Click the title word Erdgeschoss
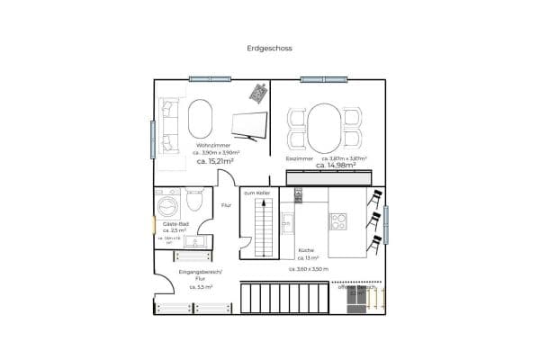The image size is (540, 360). (x=269, y=49)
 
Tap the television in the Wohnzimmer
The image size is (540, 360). (x=250, y=127)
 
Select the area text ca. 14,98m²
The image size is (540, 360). (x=335, y=165)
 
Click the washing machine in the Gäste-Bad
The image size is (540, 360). (x=168, y=202)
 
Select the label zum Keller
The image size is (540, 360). (x=256, y=193)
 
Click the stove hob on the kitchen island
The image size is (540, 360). (x=339, y=220)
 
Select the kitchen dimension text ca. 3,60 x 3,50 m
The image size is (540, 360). (x=309, y=268)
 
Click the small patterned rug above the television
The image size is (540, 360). (x=259, y=92)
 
